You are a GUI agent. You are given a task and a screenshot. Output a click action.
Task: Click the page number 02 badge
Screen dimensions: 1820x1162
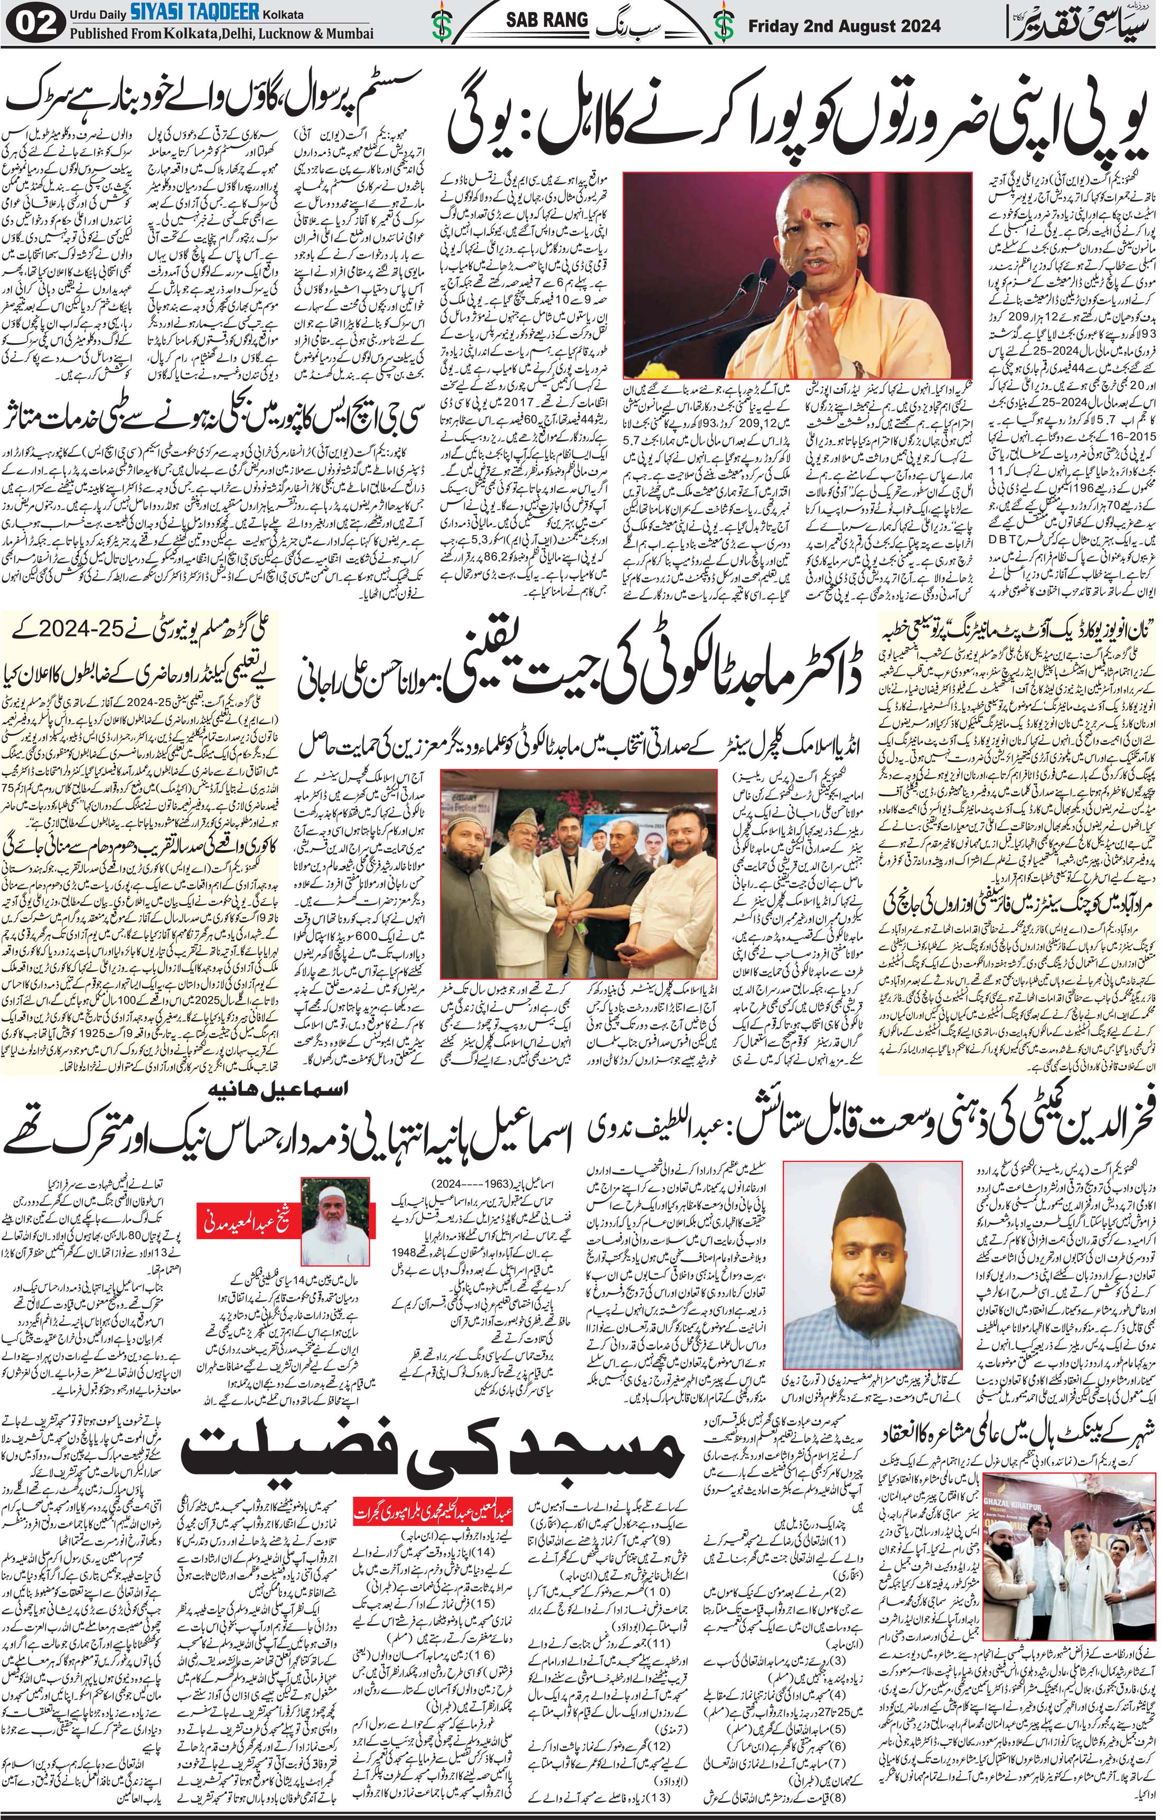pos(34,24)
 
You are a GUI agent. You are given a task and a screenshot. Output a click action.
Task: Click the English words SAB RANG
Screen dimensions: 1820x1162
pos(547,21)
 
